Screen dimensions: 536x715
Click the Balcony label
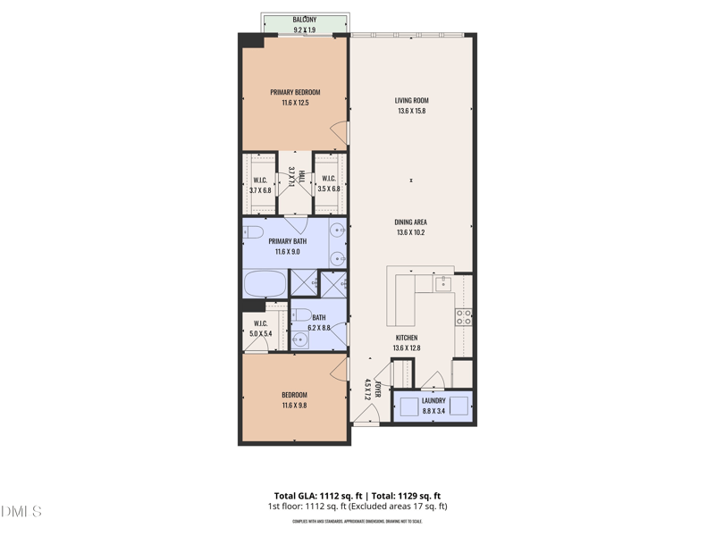304,20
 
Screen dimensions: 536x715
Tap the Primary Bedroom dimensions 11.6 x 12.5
295,103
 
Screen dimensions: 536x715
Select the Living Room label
412,101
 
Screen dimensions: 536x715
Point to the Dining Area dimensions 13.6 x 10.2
411,232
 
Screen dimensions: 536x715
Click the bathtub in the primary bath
265,284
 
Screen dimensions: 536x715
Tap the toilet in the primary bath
253,234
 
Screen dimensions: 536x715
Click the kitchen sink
443,283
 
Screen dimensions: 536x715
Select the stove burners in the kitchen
464,315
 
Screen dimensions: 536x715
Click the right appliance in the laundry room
458,406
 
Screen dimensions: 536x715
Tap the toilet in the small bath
302,314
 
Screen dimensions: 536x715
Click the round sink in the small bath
299,339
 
